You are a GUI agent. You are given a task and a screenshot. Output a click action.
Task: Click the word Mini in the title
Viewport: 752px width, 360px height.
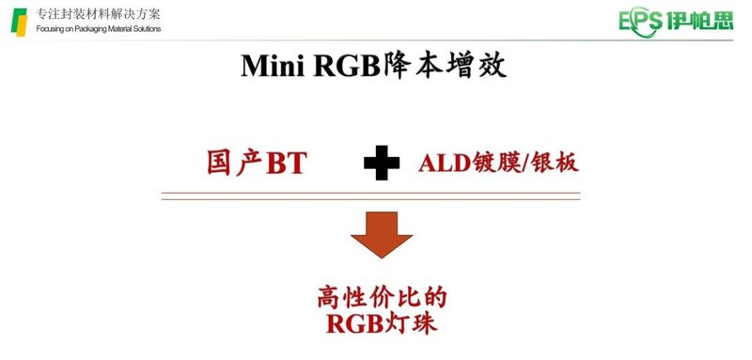pyautogui.click(x=273, y=66)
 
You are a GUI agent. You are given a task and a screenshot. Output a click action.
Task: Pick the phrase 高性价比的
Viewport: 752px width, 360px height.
pyautogui.click(x=381, y=299)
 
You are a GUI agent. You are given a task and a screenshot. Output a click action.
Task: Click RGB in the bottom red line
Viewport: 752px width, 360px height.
pyautogui.click(x=352, y=326)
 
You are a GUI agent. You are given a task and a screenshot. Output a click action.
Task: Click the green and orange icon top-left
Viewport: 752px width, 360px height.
pyautogui.click(x=19, y=20)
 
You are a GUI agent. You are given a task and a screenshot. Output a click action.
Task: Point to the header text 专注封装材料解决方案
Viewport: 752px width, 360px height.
pyautogui.click(x=98, y=13)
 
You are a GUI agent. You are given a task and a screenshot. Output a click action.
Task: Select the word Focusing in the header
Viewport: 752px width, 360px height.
pyautogui.click(x=52, y=29)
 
